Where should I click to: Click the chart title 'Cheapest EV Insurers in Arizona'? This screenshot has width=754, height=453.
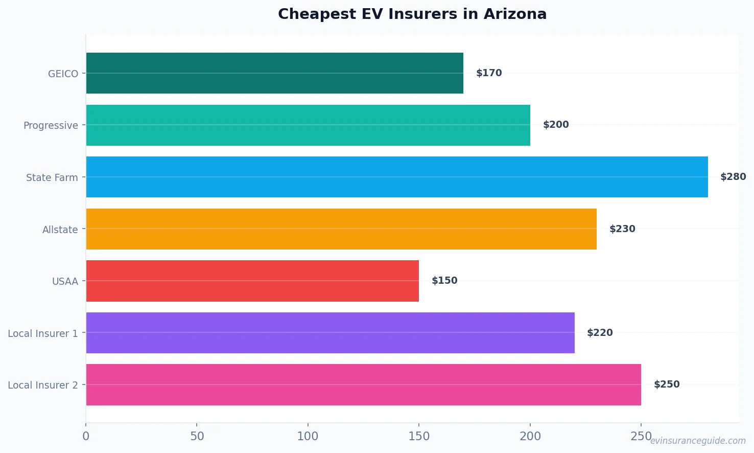(412, 14)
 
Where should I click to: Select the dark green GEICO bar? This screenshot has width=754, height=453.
(275, 73)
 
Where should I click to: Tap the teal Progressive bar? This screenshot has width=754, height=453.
(308, 125)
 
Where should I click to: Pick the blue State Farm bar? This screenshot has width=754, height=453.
(397, 177)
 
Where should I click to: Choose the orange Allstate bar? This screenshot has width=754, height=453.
(341, 229)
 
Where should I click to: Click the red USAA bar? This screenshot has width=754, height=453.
(252, 281)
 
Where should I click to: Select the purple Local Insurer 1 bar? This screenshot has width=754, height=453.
(330, 333)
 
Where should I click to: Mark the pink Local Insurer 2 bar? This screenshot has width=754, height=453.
(363, 384)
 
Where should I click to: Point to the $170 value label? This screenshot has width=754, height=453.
(489, 73)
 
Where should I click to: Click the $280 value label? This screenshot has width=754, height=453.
(733, 177)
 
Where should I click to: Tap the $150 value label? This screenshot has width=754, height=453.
(444, 281)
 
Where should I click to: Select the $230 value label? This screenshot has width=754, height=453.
(622, 229)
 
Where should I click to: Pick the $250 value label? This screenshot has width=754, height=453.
(667, 384)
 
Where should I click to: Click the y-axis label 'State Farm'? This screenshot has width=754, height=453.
(52, 177)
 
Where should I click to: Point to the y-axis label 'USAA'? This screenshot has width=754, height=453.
(65, 281)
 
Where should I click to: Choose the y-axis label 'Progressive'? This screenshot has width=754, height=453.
(51, 126)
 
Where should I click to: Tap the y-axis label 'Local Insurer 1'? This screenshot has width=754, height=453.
(43, 333)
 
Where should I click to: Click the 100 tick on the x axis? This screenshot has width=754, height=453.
(308, 436)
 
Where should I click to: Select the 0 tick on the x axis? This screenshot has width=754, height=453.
(86, 436)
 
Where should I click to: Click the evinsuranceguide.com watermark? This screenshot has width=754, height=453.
(698, 441)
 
